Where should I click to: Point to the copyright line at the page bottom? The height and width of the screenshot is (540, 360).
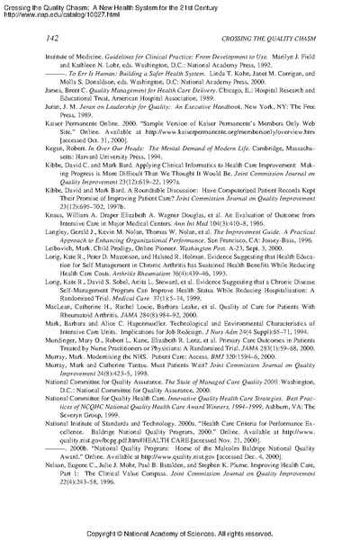coord(180,531)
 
